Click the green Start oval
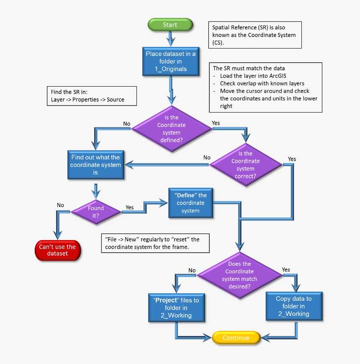(x=170, y=25)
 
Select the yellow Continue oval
(x=236, y=338)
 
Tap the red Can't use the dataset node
(x=57, y=250)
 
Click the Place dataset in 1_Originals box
(x=170, y=62)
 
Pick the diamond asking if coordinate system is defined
(x=171, y=129)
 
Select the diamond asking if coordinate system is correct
(x=245, y=165)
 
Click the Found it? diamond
(x=95, y=212)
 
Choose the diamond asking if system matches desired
(x=240, y=275)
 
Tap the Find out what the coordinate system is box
(x=95, y=165)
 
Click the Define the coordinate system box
(x=190, y=203)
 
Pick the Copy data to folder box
(x=294, y=306)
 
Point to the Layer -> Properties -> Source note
(x=92, y=96)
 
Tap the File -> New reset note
(x=155, y=243)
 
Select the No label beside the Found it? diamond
(x=60, y=205)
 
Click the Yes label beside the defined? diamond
(x=216, y=123)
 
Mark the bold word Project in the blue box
(x=166, y=300)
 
